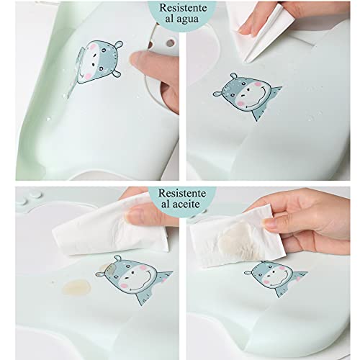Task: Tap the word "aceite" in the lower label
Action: point(187,204)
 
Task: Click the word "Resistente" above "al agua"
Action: point(183,8)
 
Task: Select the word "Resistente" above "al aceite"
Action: point(182,193)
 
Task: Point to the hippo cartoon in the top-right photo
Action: point(247,96)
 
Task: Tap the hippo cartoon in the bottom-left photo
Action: point(135,278)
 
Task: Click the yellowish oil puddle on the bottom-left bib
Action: point(76,287)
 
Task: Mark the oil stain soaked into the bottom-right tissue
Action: point(236,239)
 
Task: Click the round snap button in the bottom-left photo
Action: point(35,194)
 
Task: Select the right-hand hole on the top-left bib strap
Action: point(170,43)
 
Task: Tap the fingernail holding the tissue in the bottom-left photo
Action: point(133,215)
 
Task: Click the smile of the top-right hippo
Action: point(260,99)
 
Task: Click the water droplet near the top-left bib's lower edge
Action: point(49,119)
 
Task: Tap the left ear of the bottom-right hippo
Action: point(248,273)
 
